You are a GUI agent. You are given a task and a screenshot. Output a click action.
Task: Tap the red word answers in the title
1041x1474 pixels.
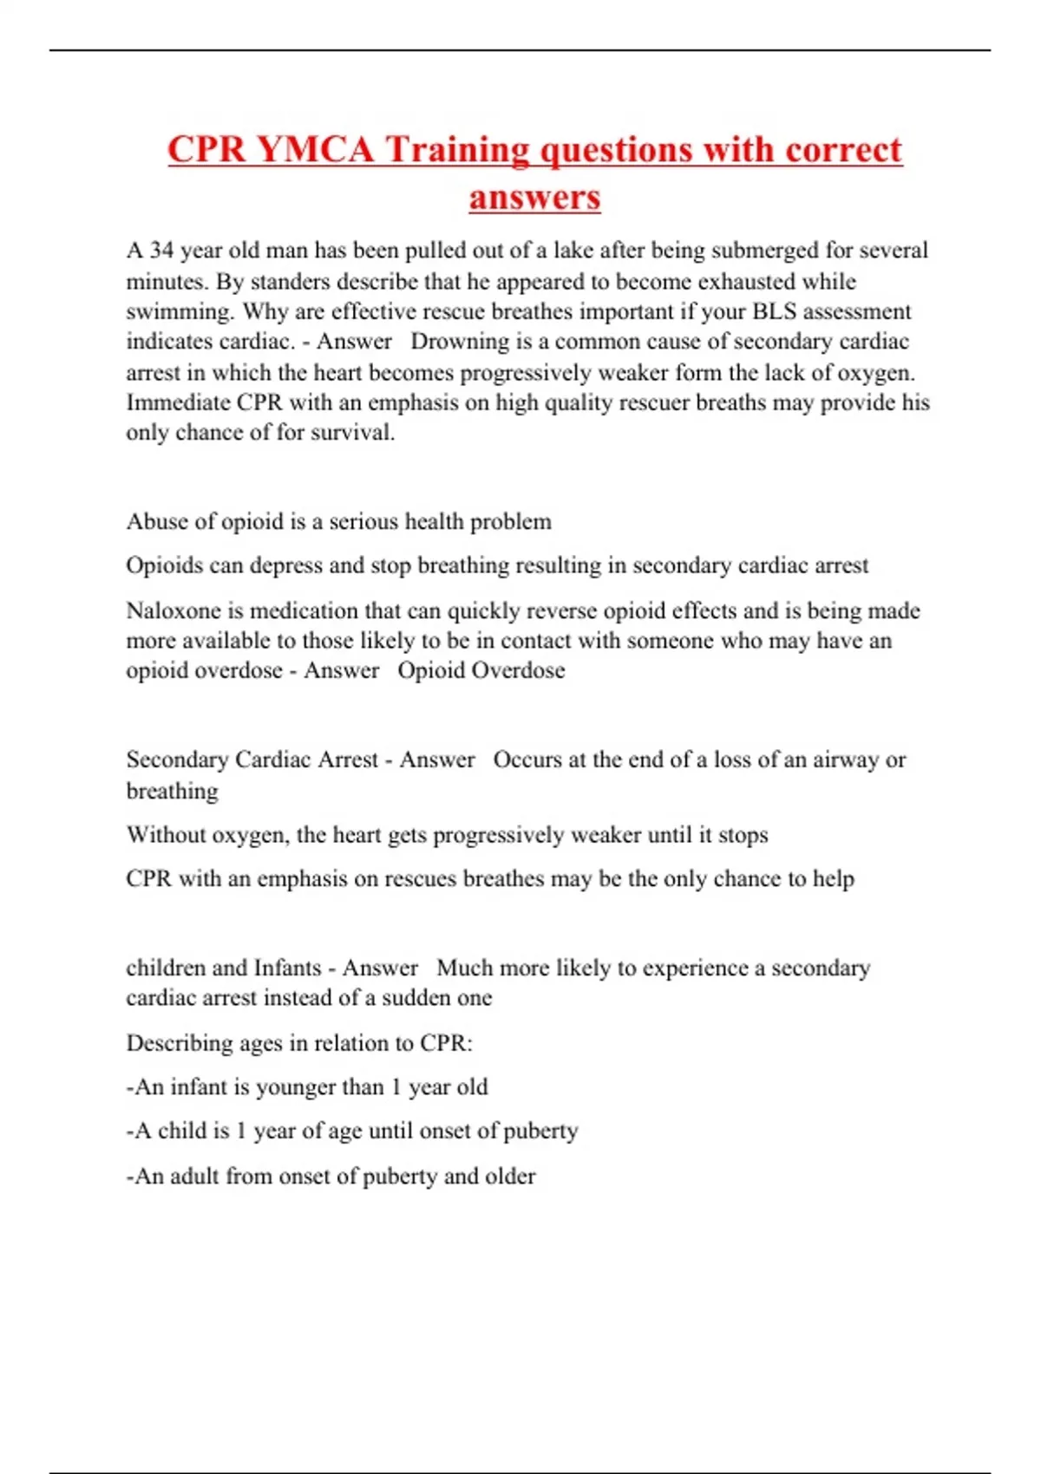point(534,197)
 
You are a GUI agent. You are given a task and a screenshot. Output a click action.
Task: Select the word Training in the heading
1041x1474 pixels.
point(457,149)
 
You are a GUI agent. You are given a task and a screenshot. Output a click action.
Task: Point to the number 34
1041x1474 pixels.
point(161,251)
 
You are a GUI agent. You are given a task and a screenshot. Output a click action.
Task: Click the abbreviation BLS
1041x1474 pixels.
point(774,311)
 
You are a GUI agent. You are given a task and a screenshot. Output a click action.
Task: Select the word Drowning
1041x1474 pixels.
point(460,342)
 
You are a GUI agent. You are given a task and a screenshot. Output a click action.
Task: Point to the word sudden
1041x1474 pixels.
point(416,998)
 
